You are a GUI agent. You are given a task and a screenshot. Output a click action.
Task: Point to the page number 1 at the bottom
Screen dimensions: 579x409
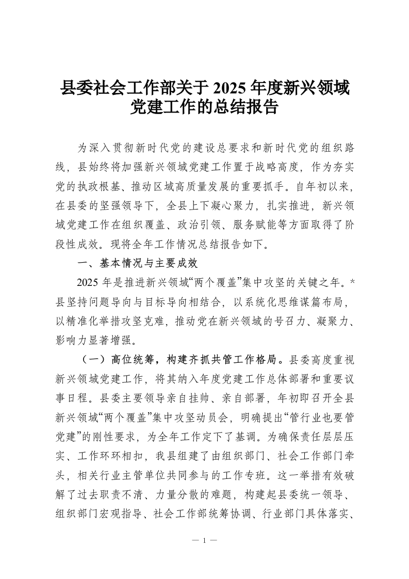point(204,540)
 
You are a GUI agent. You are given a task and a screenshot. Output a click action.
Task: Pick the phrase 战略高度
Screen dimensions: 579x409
point(277,167)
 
